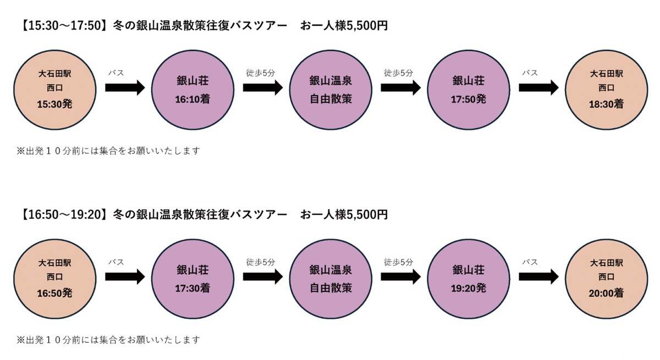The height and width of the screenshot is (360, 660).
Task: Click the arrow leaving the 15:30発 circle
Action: (x=124, y=88)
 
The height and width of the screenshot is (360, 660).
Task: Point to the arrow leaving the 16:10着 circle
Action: (x=262, y=88)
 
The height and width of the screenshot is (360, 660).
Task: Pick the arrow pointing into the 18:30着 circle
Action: (x=538, y=88)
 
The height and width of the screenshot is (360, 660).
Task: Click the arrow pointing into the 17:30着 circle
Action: (x=124, y=277)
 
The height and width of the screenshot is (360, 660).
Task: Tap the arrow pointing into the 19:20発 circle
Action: (x=400, y=277)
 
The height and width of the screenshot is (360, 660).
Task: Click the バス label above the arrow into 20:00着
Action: (x=530, y=262)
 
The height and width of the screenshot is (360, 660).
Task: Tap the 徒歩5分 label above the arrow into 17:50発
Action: (x=398, y=73)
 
